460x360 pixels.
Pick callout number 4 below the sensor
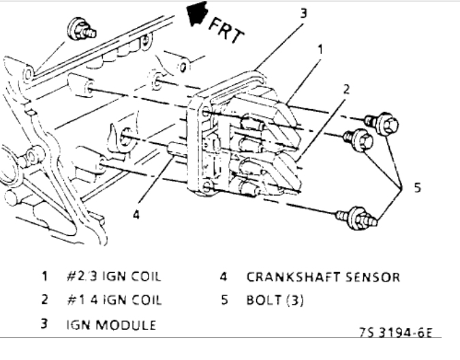[x=137, y=213]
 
